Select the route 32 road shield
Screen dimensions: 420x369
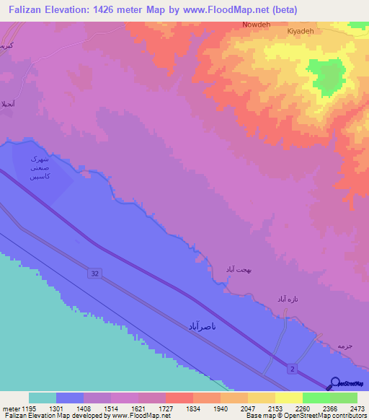[96, 273]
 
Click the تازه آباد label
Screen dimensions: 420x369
[283, 298]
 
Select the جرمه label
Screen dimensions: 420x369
[343, 346]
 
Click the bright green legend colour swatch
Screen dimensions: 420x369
[316, 398]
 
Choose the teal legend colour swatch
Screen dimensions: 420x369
[43, 398]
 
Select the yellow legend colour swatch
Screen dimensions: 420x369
[288, 398]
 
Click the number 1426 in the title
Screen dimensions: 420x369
[104, 10]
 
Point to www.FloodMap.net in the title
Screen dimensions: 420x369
[217, 10]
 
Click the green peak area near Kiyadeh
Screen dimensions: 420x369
[326, 74]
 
